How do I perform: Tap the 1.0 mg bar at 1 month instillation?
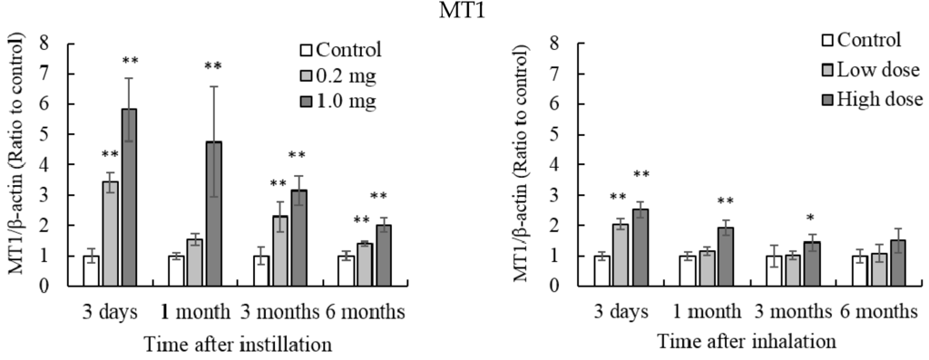[214, 213]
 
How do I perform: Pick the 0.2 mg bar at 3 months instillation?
[280, 250]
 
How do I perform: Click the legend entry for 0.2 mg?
[343, 74]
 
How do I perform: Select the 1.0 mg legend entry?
[343, 101]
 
